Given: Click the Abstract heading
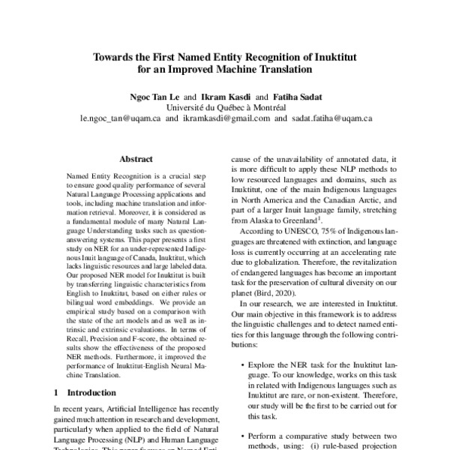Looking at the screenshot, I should [x=136, y=159].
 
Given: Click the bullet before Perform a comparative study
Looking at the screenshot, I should [x=244, y=436].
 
